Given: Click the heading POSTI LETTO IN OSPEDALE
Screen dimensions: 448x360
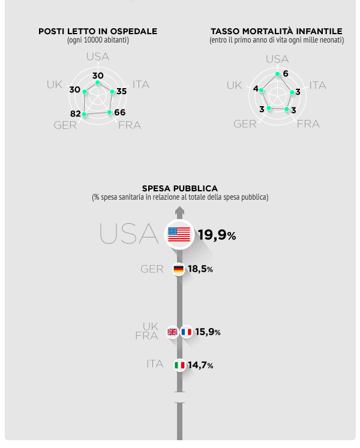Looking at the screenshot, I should coord(98,31).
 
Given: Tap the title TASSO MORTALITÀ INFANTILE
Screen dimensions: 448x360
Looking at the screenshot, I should coord(277,31).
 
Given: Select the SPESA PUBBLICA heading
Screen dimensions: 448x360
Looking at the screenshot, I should coord(180,188).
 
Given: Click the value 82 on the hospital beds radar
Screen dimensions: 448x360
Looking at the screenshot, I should coord(75,114).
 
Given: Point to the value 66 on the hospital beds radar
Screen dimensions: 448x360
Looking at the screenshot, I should coord(120,112).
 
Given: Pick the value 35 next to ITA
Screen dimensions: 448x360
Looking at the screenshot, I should coord(121,91).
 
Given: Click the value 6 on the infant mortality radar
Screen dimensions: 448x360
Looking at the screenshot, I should coord(286,74).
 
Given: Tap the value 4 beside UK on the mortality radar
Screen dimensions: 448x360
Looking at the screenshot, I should coord(256,89).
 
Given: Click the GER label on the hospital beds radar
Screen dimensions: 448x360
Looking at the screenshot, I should coord(65,125).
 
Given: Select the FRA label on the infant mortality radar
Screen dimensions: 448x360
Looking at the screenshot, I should coord(308,124).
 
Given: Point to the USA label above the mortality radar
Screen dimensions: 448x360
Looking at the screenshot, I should coord(277,59).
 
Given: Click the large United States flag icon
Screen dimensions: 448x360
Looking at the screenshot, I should coord(179,234).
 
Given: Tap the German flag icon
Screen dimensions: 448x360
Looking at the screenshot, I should coord(179,269).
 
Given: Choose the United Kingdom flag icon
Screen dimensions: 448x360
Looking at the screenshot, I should coord(172,332).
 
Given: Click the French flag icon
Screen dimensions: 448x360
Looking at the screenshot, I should coord(186,332).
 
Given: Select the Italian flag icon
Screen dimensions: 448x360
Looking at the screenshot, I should coord(179,365).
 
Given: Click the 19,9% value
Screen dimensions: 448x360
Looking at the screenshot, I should coord(217,235).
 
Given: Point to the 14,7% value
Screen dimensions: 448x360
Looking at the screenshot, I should coord(200,365).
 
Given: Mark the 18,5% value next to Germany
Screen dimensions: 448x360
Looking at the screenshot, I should coord(200,269).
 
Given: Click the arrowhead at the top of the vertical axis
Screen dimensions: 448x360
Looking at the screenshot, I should coord(179,211).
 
